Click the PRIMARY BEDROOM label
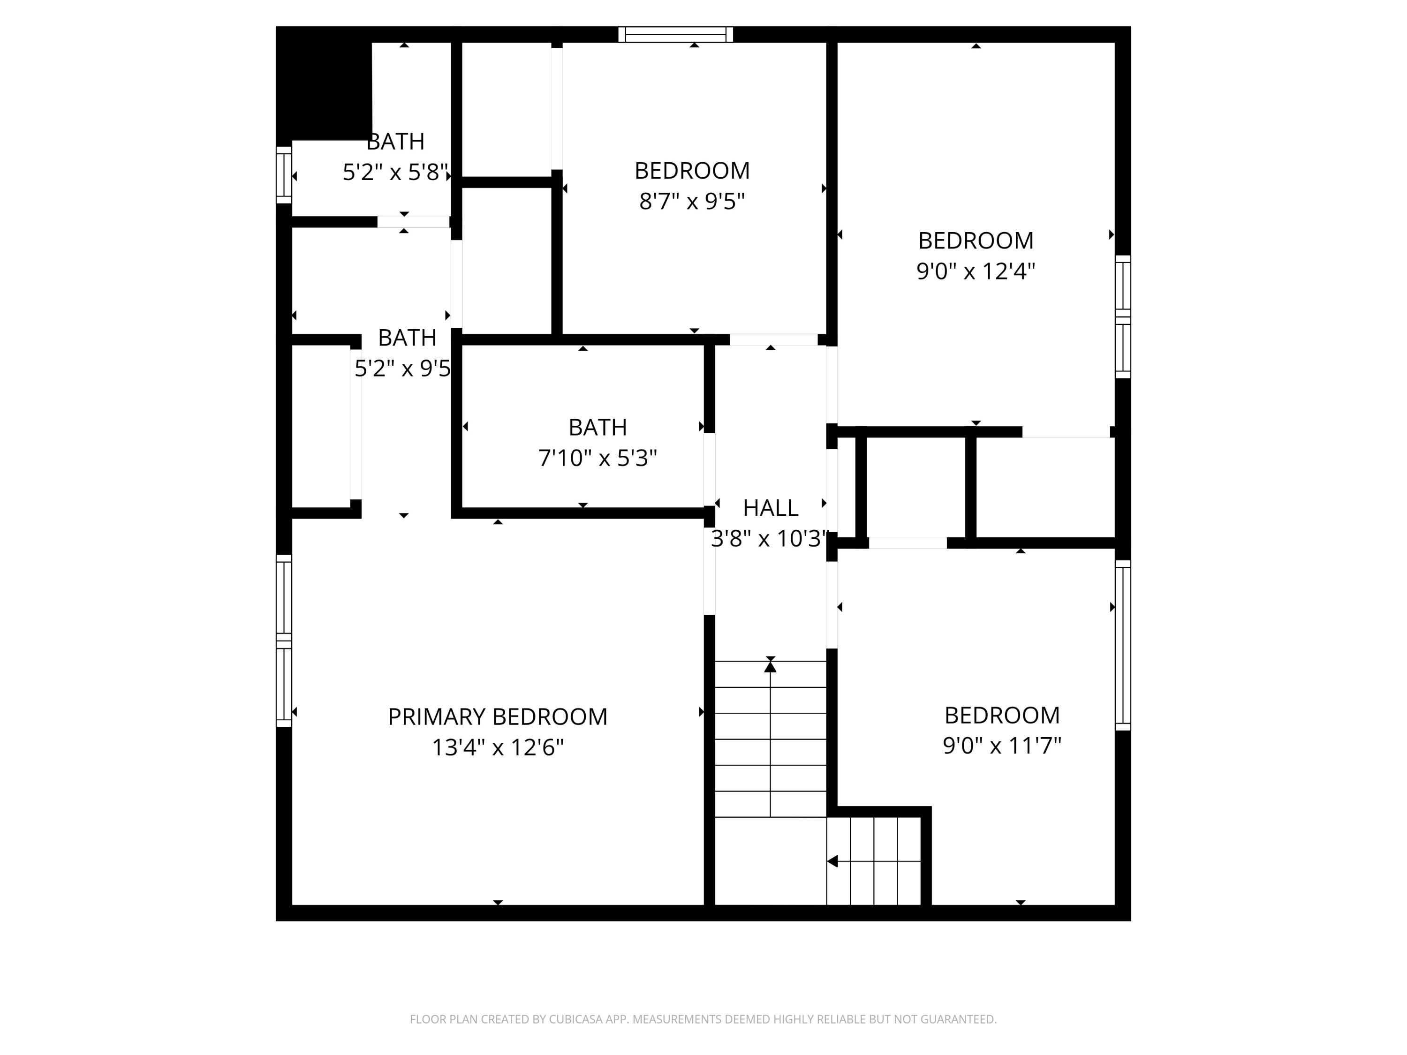498,716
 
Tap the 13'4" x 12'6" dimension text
498,747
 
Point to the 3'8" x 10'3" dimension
770,539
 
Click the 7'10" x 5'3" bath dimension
598,458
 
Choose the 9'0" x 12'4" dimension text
975,271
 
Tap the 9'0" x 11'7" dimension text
1002,746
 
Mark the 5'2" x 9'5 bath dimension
402,368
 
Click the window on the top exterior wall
675,34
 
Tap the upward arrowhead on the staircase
770,666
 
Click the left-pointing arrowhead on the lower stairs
832,861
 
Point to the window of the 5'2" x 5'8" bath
284,175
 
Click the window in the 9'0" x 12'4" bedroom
1123,316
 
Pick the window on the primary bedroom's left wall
284,641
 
